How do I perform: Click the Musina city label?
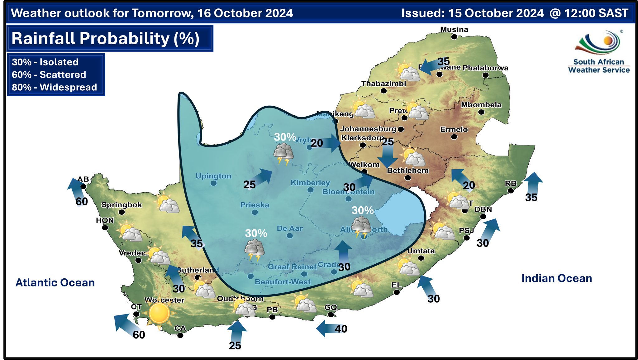tap(454, 30)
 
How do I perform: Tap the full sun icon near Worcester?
tap(159, 313)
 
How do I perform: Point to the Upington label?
tap(213, 176)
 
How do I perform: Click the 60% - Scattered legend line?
tap(49, 75)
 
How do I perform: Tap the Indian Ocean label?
tap(556, 278)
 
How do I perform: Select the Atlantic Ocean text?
tap(55, 283)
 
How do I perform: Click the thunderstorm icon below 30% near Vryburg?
tap(283, 154)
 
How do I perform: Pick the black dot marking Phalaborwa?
tap(485, 75)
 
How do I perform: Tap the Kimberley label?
tap(310, 183)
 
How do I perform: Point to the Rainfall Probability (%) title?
tap(105, 39)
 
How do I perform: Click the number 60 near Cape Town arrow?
tap(139, 335)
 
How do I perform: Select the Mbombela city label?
tap(481, 105)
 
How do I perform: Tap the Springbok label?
tap(121, 205)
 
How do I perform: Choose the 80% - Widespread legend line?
tap(55, 87)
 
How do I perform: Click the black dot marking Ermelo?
tap(454, 137)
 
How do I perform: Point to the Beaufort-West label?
tap(283, 282)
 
